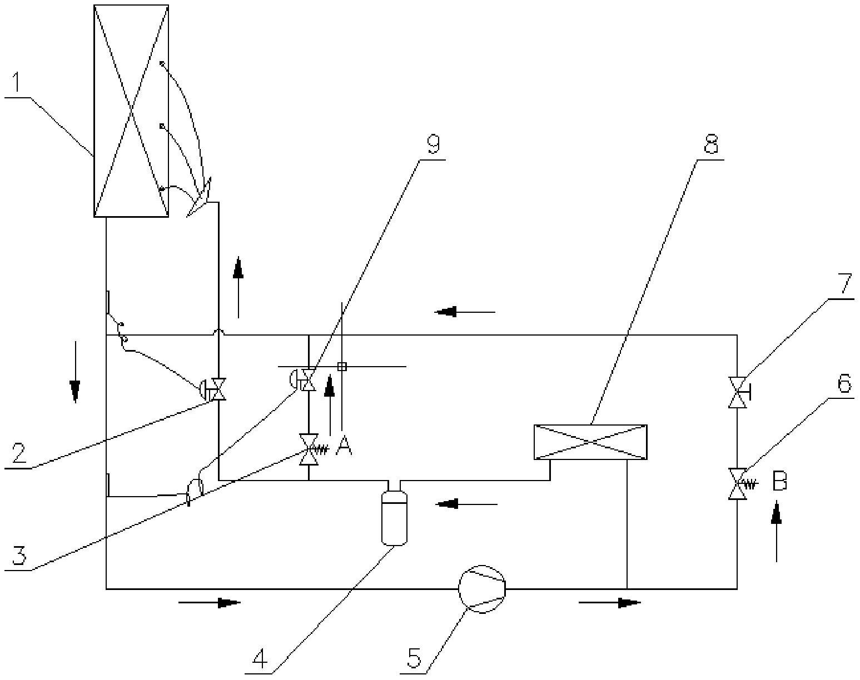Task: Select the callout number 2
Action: tap(18, 453)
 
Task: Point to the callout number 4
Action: tap(259, 659)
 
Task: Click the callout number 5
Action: tap(415, 659)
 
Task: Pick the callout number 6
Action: tap(844, 383)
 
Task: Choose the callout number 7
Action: tap(844, 284)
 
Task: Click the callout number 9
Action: tap(433, 145)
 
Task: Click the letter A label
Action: tap(344, 445)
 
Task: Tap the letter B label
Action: tap(779, 482)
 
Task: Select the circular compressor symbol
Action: tap(482, 589)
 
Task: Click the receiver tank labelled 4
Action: tap(394, 517)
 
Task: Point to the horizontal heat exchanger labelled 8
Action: tap(590, 442)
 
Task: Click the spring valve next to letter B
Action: tap(738, 484)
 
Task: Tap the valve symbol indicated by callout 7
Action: tap(738, 392)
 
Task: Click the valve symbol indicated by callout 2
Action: tap(218, 389)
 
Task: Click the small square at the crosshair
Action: tap(342, 366)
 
